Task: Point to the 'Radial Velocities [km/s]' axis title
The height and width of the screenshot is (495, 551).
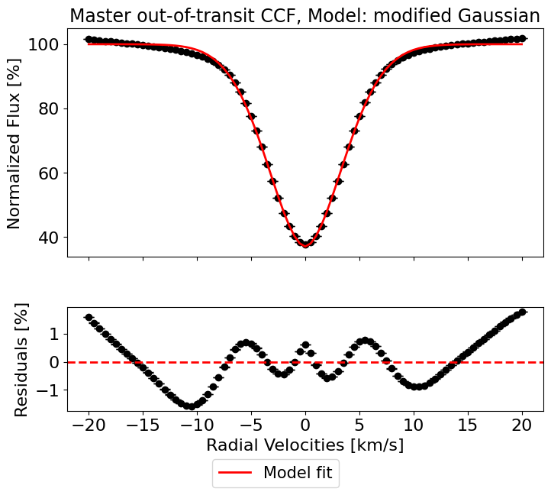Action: pyautogui.click(x=305, y=445)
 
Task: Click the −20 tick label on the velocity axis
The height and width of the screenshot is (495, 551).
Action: pyautogui.click(x=89, y=425)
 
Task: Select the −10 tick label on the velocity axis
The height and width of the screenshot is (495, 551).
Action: pyautogui.click(x=197, y=425)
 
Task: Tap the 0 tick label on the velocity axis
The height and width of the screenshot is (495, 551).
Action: pyautogui.click(x=305, y=425)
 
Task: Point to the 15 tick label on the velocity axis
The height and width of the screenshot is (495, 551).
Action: pyautogui.click(x=468, y=425)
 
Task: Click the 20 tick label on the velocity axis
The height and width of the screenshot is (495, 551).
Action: pyautogui.click(x=522, y=425)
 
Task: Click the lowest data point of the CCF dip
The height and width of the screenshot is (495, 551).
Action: pyautogui.click(x=305, y=244)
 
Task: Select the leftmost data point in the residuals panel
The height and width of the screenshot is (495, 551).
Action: pyautogui.click(x=89, y=317)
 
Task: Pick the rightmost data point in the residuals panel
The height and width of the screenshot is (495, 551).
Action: pyautogui.click(x=522, y=312)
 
